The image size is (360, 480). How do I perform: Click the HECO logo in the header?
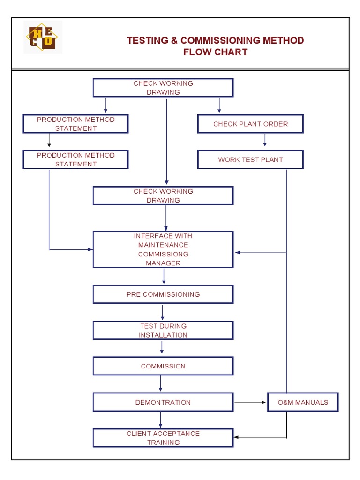tap(43, 37)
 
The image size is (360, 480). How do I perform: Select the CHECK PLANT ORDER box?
tap(250, 124)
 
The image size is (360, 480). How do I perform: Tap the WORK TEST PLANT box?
tap(250, 160)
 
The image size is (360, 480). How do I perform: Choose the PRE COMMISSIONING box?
tap(163, 294)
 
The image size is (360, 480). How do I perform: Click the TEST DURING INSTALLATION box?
tap(163, 330)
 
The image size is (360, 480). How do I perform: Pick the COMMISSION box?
tap(163, 366)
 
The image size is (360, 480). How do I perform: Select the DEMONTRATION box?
tap(163, 402)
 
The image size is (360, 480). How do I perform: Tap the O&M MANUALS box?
tap(303, 402)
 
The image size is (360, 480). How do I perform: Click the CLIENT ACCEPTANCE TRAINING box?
tap(163, 438)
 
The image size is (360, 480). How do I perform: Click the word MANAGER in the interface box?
tap(163, 263)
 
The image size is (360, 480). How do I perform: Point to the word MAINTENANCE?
tap(163, 245)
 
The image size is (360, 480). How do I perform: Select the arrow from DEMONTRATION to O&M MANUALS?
tap(250, 402)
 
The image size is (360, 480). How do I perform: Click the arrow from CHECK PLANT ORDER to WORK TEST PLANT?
tap(265, 140)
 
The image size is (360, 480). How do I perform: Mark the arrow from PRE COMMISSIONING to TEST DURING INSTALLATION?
tap(163, 312)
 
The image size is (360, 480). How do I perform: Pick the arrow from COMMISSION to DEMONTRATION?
tap(161, 384)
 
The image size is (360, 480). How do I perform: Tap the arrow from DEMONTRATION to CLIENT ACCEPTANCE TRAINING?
tap(161, 420)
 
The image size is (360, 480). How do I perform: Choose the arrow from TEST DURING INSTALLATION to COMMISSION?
tap(162, 348)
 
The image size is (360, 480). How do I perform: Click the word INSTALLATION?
tap(163, 335)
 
